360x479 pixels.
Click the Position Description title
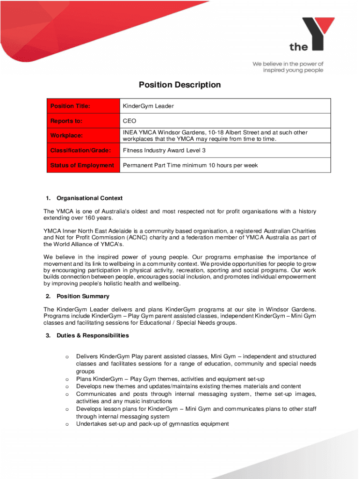180,85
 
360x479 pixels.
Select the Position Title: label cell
70,106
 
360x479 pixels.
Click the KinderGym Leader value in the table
148,106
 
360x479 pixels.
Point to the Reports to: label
66,121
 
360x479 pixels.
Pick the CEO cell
130,121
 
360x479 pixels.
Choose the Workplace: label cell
67,136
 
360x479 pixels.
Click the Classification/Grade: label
80,151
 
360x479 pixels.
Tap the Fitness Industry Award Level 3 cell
164,151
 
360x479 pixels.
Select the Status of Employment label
82,166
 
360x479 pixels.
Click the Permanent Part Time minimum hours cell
190,166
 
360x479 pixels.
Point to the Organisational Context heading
89,198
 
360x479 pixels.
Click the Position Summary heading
83,297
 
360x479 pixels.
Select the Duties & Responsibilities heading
93,336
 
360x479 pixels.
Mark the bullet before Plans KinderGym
67,379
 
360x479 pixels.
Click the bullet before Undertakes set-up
67,424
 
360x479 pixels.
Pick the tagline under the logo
288,67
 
